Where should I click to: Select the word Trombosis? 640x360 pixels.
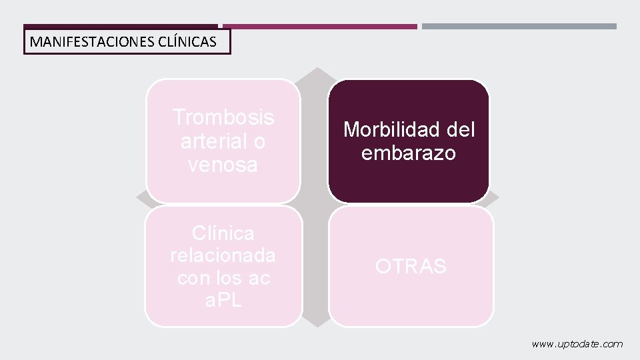pos(223,117)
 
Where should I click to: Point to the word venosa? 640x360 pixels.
pos(223,165)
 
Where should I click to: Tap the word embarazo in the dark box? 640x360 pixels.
pos(409,153)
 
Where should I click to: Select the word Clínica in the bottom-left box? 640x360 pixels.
pos(223,233)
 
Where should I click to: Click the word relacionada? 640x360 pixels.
pos(223,255)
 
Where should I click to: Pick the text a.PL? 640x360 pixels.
pos(223,300)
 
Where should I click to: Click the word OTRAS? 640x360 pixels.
pos(411,267)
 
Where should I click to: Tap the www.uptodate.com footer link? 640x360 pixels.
pos(577,344)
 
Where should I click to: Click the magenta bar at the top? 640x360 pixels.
pos(320,27)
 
